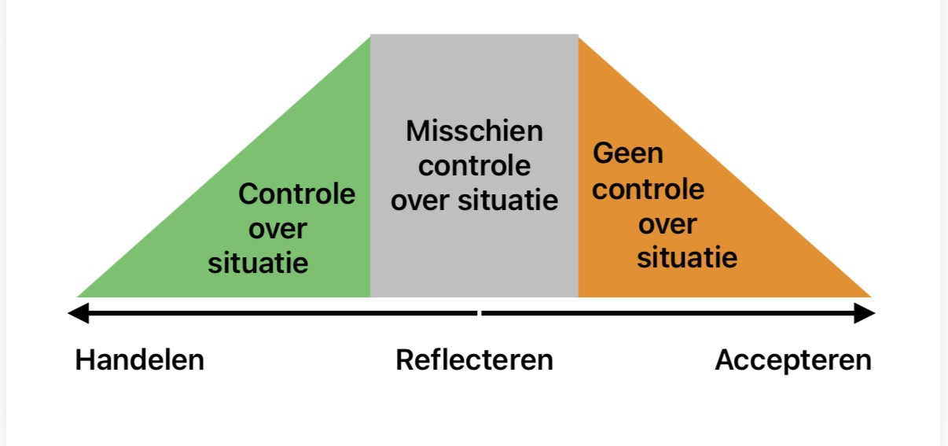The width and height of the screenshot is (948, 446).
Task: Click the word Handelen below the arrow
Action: pyautogui.click(x=139, y=360)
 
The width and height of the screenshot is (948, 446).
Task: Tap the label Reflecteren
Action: pyautogui.click(x=474, y=360)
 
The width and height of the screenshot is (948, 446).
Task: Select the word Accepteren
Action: pyautogui.click(x=792, y=360)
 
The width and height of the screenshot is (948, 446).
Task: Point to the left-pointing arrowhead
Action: pyautogui.click(x=77, y=314)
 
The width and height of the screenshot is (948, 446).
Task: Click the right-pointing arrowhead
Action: pyautogui.click(x=865, y=314)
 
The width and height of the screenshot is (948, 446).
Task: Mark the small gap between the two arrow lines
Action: pyautogui.click(x=479, y=314)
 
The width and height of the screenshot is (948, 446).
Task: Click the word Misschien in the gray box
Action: pyautogui.click(x=474, y=131)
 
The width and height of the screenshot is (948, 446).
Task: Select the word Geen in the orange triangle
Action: pyautogui.click(x=628, y=153)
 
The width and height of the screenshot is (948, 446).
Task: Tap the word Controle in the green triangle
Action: pyautogui.click(x=296, y=194)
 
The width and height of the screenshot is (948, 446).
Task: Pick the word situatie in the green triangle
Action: pyautogui.click(x=258, y=263)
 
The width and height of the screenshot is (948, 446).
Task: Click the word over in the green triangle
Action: pyautogui.click(x=277, y=229)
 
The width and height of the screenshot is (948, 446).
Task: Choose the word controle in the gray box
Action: pyautogui.click(x=474, y=166)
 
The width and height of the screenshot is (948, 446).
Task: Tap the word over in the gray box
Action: pyautogui.click(x=422, y=201)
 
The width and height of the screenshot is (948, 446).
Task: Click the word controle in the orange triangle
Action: pyautogui.click(x=649, y=189)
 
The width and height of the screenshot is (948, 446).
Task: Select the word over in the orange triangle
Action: pyautogui.click(x=667, y=224)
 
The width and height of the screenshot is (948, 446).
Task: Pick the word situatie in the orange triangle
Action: pyautogui.click(x=686, y=258)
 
